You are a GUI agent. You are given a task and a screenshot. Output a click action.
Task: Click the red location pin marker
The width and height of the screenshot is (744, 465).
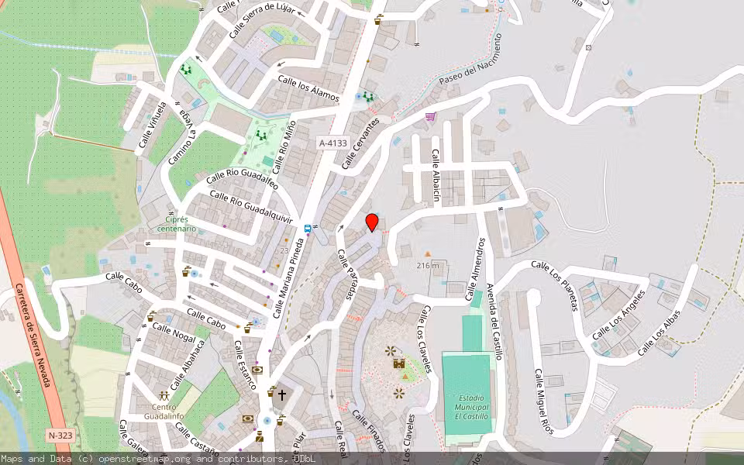click(x=372, y=222)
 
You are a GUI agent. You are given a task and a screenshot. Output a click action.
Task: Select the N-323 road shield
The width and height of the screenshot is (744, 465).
click(x=59, y=436)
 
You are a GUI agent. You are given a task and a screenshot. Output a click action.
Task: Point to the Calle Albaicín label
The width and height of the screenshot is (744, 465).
click(x=436, y=176)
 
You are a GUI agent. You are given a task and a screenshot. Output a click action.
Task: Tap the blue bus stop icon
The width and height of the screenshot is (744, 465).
click(x=308, y=229)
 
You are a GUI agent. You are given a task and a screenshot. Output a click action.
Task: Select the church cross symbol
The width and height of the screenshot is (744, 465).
click(x=281, y=394)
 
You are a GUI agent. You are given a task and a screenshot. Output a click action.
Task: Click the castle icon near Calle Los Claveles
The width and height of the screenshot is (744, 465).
click(x=399, y=363)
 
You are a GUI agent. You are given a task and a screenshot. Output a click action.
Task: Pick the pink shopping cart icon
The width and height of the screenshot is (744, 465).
click(x=430, y=117)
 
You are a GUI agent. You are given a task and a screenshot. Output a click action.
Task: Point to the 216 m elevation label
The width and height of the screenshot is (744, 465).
click(x=427, y=266)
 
